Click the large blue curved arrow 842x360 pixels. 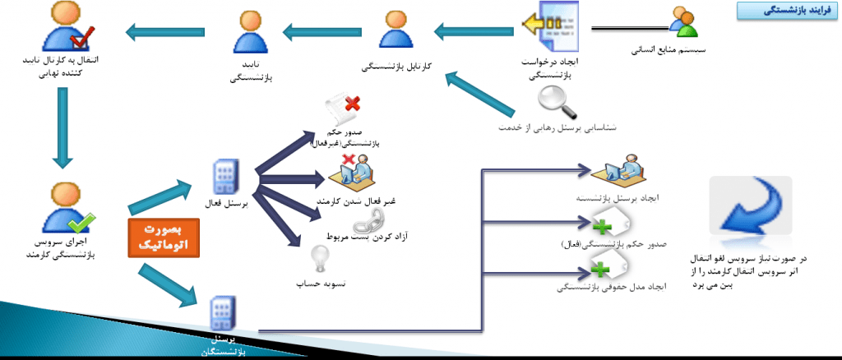click(x=751, y=209)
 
